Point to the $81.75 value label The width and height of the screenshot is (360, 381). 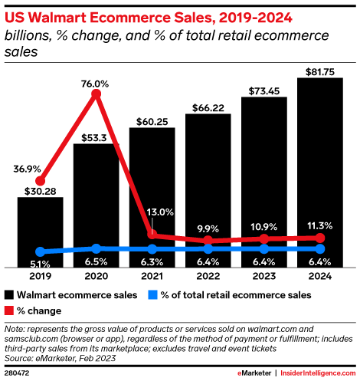320,71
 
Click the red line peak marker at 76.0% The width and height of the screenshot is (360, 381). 96,94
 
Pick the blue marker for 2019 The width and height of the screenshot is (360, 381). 40,251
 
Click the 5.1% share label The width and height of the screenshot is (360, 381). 40,263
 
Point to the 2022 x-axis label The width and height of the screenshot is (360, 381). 208,275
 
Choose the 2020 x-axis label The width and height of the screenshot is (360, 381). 96,275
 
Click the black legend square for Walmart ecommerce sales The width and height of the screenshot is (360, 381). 8,294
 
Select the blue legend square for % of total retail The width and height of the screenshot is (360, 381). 153,294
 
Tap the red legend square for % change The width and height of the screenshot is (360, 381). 8,311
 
